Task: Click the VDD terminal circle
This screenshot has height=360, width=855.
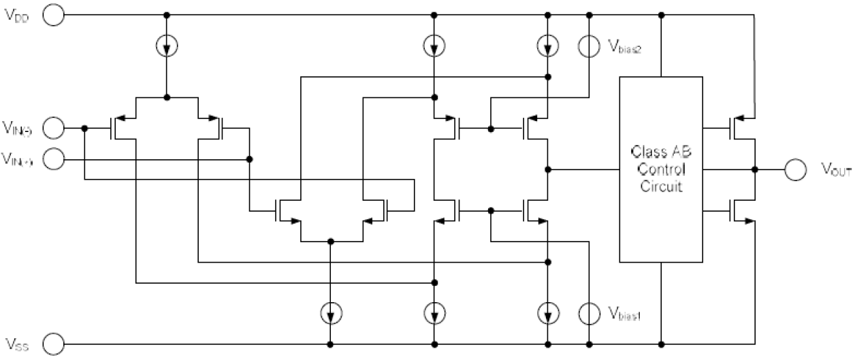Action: [x=53, y=15]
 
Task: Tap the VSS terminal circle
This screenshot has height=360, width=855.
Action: [x=53, y=342]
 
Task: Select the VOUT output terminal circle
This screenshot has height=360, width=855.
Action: [x=795, y=169]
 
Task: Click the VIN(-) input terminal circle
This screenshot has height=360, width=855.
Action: [x=53, y=127]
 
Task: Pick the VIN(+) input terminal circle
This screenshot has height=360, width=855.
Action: [x=53, y=159]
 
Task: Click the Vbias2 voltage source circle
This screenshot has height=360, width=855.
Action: [x=589, y=46]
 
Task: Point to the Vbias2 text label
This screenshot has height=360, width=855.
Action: [x=624, y=47]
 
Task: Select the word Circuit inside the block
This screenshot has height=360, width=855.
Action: [x=660, y=186]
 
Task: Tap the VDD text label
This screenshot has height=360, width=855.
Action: [x=18, y=16]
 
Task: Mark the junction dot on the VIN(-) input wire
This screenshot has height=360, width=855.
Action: [x=84, y=127]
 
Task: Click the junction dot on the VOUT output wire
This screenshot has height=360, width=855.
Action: [x=754, y=169]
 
